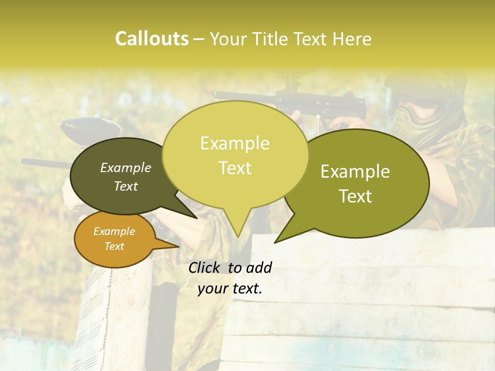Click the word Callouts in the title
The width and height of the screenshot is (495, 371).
(152, 39)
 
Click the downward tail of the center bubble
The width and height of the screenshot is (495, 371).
(237, 227)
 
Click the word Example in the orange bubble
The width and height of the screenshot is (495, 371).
(114, 231)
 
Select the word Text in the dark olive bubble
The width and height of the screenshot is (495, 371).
(126, 186)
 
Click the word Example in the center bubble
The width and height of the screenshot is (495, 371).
(235, 143)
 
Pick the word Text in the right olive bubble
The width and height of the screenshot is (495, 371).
(356, 196)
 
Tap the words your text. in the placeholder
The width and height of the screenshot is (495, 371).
(230, 289)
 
